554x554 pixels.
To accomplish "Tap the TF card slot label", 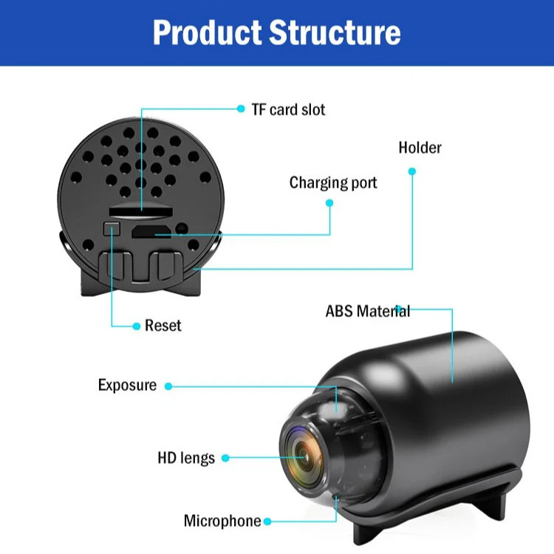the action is [x=288, y=110].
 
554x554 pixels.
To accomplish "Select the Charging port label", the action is [x=333, y=182].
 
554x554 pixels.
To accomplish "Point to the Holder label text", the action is [x=420, y=148].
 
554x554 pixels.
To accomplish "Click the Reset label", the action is [x=163, y=326].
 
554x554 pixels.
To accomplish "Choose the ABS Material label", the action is [x=367, y=311].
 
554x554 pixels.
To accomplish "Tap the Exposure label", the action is [x=127, y=386].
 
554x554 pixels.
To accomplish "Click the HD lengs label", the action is [x=186, y=458].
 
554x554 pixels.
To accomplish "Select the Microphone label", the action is [x=222, y=521].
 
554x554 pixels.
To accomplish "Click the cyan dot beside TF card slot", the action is [x=241, y=109].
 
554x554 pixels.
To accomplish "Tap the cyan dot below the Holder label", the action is [x=412, y=171].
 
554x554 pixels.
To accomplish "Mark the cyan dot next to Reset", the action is [x=137, y=326].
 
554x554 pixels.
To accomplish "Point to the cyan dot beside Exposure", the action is [x=168, y=386].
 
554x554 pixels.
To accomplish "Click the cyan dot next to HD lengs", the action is [x=225, y=458].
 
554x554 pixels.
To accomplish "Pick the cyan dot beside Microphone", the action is [x=267, y=521].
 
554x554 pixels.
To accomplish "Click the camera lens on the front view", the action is [x=304, y=451].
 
